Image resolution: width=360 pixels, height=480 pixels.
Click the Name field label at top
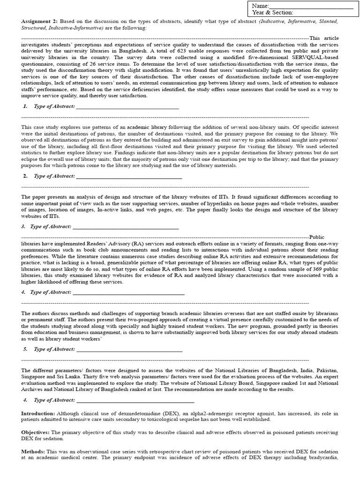pyautogui.click(x=260, y=5)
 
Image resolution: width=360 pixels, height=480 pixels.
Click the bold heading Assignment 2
pyautogui.click(x=39, y=22)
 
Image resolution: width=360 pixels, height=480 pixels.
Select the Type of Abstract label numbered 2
pyautogui.click(x=54, y=176)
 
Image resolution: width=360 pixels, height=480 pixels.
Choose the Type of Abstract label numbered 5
pyautogui.click(x=54, y=349)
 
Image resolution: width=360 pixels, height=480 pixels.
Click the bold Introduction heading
pyautogui.click(x=38, y=413)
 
